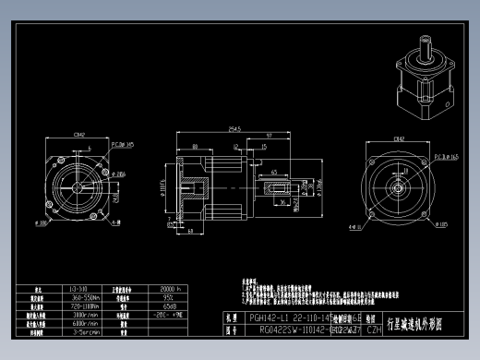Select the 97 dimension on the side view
click(268, 137)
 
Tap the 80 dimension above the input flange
click(196, 145)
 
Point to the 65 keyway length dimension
click(276, 172)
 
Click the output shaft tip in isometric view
click(426, 42)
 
